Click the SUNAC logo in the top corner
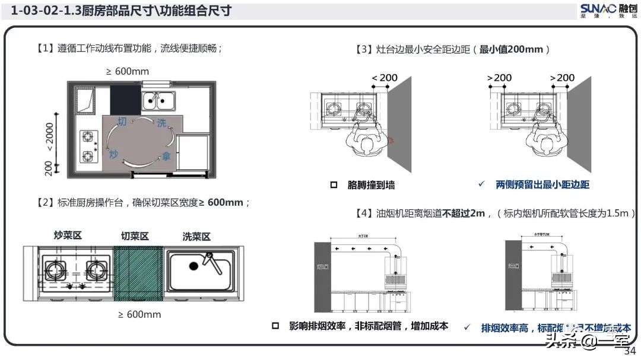(x=608, y=10)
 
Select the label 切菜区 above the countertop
(x=135, y=236)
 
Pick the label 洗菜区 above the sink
(x=196, y=237)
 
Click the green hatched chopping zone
(x=138, y=273)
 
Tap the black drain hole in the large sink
(x=193, y=266)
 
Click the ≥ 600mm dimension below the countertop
(x=139, y=314)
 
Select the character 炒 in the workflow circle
(x=114, y=154)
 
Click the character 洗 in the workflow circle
(x=161, y=123)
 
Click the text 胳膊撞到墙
(x=371, y=185)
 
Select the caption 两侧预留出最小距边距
(x=542, y=184)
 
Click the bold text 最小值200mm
(x=511, y=50)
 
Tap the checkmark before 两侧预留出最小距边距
(x=481, y=184)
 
